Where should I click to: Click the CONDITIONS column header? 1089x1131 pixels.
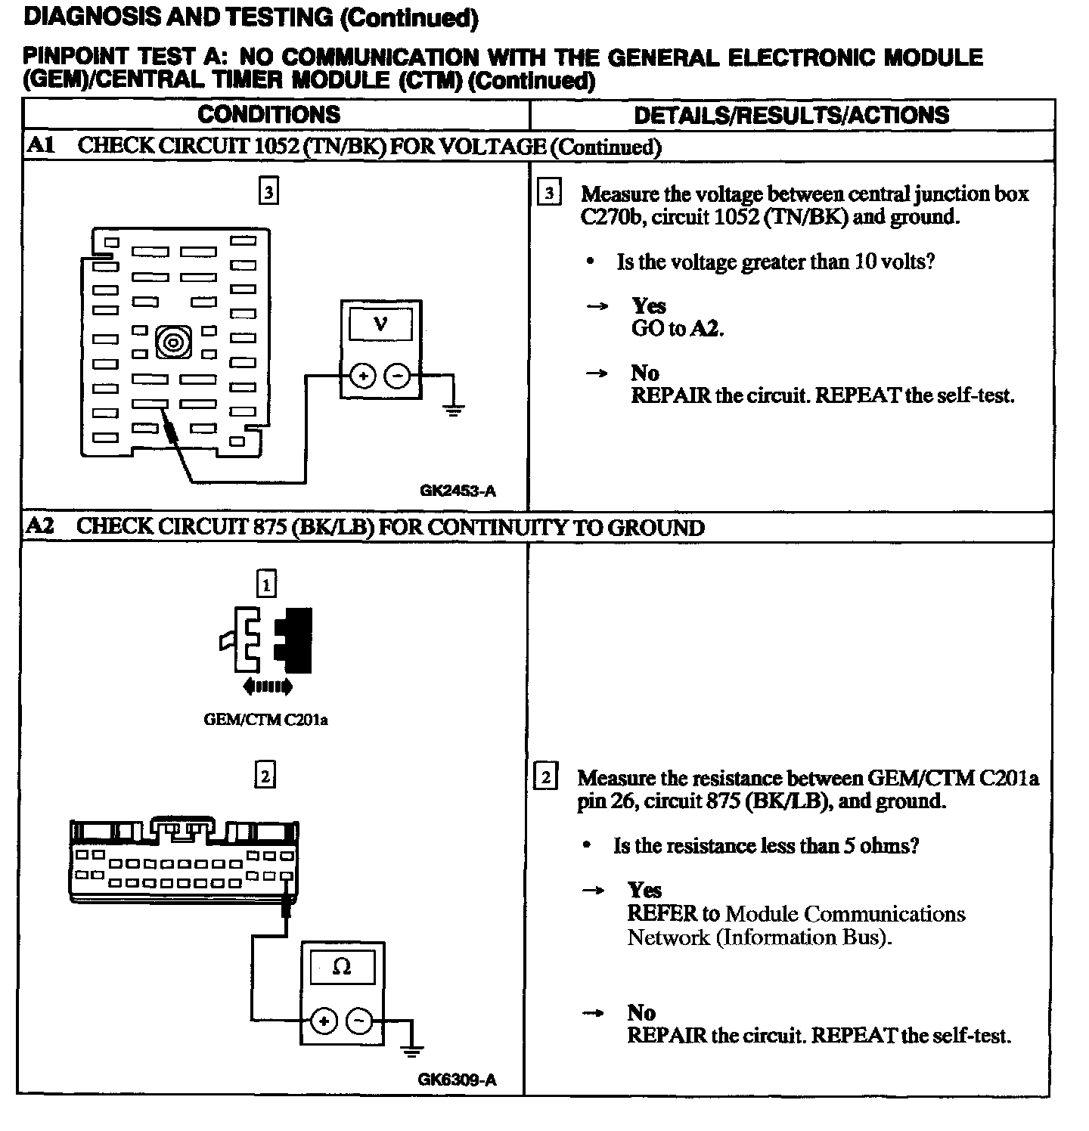pos(268,115)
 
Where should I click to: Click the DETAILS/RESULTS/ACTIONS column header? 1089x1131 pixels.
pos(791,115)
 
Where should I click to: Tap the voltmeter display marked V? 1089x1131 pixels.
pos(380,326)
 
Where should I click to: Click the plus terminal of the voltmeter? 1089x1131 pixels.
pos(363,376)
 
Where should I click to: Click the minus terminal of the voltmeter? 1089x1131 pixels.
pos(398,376)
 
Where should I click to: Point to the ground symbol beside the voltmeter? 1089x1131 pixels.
pos(453,411)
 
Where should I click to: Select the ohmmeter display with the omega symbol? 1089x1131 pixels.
pos(342,968)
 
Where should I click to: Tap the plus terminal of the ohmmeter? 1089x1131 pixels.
pos(324,1022)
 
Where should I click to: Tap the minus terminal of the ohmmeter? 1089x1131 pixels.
pos(359,1022)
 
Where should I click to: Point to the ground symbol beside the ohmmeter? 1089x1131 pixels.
pos(412,1050)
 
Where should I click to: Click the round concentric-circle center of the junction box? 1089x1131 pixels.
pos(172,342)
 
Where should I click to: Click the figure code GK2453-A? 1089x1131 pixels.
pos(458,491)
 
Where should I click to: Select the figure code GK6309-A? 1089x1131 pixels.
pos(457,1080)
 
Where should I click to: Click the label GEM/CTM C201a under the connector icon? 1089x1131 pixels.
pos(265,720)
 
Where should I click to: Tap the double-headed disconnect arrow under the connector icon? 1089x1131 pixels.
pos(267,687)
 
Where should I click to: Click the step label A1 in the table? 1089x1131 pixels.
pos(41,146)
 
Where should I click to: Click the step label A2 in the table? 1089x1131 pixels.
pos(40,527)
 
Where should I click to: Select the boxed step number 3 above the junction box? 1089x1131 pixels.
pos(268,191)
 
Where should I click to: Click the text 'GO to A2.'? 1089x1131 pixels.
pos(678,329)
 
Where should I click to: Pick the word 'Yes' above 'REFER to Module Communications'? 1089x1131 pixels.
pos(644,891)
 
